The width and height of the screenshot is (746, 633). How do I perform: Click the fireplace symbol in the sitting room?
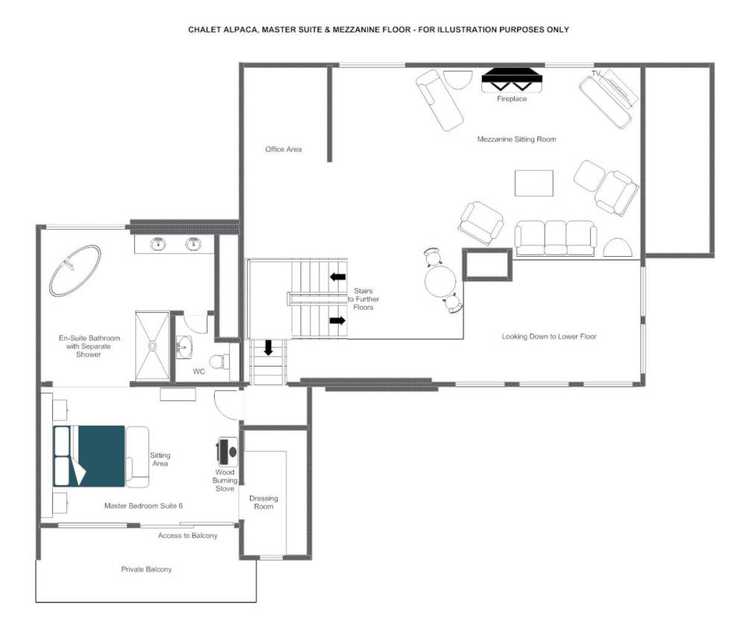(512, 80)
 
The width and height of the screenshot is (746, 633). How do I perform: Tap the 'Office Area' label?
(283, 149)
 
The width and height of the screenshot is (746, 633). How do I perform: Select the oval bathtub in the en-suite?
(75, 270)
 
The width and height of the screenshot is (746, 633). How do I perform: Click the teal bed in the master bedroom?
(90, 456)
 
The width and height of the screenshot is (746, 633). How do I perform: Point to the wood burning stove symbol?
(228, 451)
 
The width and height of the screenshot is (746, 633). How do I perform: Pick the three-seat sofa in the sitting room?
(556, 238)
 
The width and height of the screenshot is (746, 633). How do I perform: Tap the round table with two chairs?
(441, 281)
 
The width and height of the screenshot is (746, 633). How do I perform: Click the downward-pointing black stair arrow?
(269, 347)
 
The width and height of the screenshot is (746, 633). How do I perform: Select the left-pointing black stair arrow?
(338, 276)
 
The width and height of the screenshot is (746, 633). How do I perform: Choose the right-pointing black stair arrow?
(337, 321)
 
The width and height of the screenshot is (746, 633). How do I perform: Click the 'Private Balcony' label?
(146, 570)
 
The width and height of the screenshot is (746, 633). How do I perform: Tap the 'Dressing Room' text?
(263, 502)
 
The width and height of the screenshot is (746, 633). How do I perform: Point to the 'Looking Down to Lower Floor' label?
(549, 337)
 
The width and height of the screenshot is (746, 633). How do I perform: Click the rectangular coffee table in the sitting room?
(534, 183)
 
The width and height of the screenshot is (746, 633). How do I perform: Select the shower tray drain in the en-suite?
(153, 346)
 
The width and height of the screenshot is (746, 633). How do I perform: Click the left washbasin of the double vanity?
(158, 244)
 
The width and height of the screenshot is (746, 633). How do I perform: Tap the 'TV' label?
(596, 74)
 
